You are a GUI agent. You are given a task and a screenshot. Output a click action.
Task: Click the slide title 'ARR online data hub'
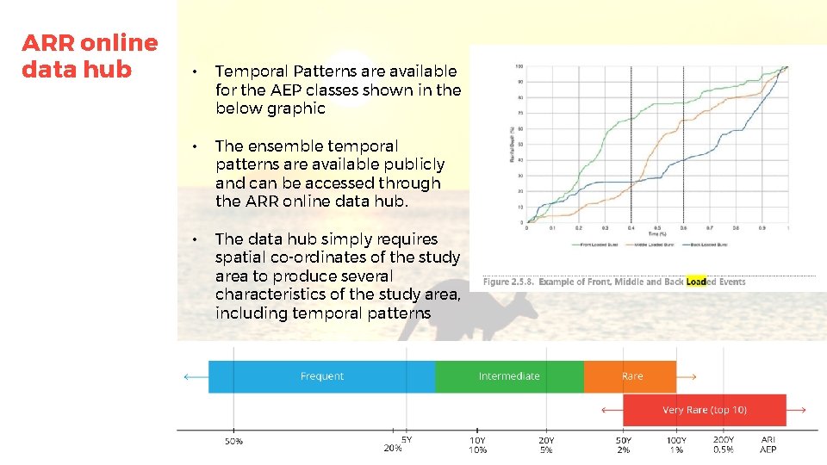pyautogui.click(x=90, y=56)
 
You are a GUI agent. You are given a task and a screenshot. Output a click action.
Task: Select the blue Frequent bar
pyautogui.click(x=321, y=376)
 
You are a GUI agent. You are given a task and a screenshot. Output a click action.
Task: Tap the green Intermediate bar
pyautogui.click(x=509, y=376)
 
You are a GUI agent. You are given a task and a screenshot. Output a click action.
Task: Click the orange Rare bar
pyautogui.click(x=631, y=376)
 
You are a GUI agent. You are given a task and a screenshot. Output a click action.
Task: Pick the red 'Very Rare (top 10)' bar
pyautogui.click(x=704, y=410)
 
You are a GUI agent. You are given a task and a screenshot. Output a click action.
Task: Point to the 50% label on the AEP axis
pyautogui.click(x=233, y=442)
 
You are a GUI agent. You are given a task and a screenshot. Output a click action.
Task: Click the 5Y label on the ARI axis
pyautogui.click(x=407, y=439)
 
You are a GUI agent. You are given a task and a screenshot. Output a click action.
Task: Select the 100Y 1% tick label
pyautogui.click(x=676, y=445)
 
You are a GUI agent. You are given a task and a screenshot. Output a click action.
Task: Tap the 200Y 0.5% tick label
pyautogui.click(x=724, y=445)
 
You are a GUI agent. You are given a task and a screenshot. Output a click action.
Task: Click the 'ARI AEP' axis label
pyautogui.click(x=768, y=445)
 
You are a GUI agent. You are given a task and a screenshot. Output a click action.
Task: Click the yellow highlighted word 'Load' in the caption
pyautogui.click(x=696, y=282)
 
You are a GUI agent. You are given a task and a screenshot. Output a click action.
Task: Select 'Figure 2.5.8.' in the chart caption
pyautogui.click(x=508, y=282)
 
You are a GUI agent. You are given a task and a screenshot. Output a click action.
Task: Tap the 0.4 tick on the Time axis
pyautogui.click(x=631, y=229)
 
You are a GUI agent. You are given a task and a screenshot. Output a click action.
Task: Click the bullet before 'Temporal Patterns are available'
pyautogui.click(x=196, y=71)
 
